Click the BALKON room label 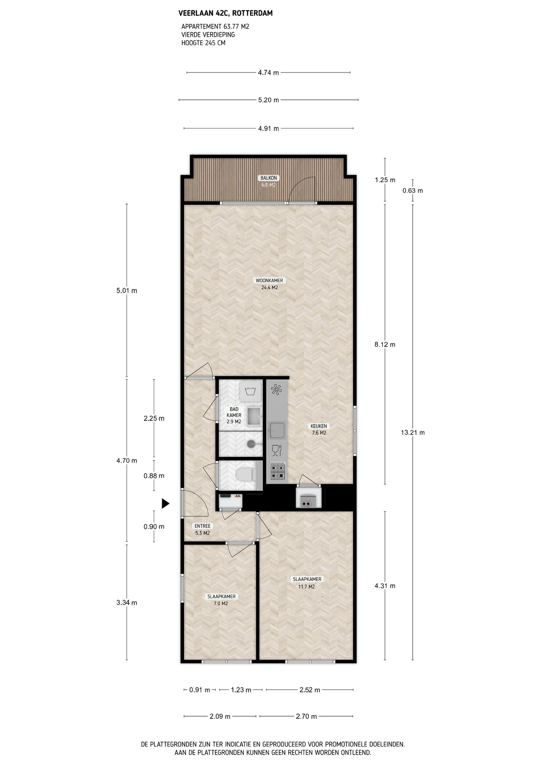(x=269, y=178)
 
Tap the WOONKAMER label (x=269, y=280)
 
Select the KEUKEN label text (x=319, y=426)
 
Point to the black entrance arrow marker (x=165, y=504)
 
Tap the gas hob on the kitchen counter (x=278, y=471)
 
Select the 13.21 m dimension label (x=413, y=432)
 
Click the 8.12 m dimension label (x=385, y=344)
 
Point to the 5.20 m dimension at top (x=269, y=100)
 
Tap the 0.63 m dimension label (x=413, y=190)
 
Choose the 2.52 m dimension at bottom (x=310, y=690)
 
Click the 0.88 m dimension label (x=154, y=475)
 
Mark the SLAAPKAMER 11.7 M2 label (x=307, y=583)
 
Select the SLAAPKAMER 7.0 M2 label (x=221, y=600)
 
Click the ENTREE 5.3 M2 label (x=202, y=530)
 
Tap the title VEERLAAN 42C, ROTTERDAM (x=225, y=13)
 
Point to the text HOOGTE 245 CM (x=203, y=43)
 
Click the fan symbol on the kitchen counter (x=276, y=389)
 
